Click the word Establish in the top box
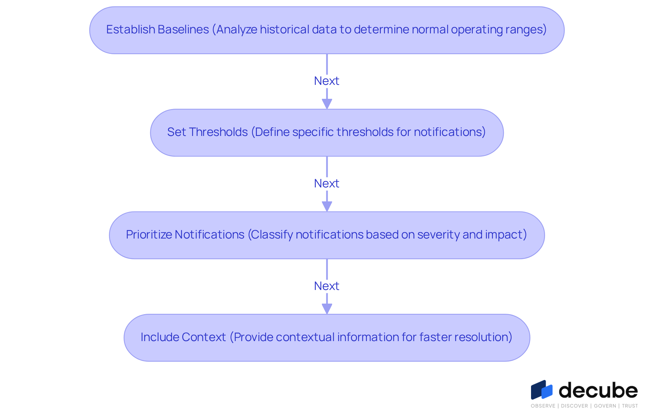coord(130,29)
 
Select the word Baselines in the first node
coord(183,29)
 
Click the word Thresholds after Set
coord(218,132)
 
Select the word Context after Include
coord(204,337)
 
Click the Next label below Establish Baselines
coord(327,81)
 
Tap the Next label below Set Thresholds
coord(327,183)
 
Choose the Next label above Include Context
coord(327,286)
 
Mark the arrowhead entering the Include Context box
coord(327,309)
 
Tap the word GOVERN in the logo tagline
coord(605,406)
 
